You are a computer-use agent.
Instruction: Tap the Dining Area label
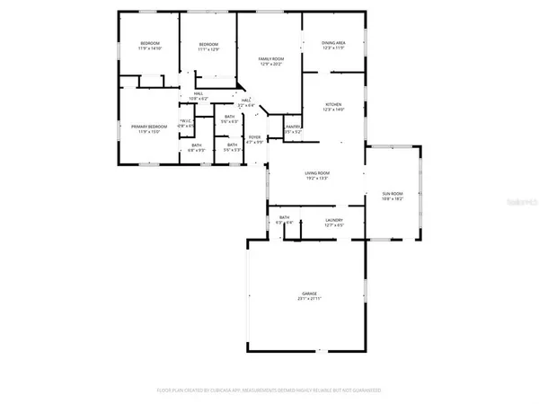(x=333, y=43)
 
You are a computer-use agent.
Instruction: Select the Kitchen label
(x=333, y=104)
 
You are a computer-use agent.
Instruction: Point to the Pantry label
(x=292, y=127)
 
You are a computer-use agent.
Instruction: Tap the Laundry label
(x=334, y=220)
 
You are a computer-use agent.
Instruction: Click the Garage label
(x=309, y=294)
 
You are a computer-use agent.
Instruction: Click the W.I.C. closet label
(x=186, y=121)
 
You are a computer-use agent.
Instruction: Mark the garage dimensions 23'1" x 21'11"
(x=309, y=300)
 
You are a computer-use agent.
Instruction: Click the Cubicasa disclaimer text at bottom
(x=269, y=391)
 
